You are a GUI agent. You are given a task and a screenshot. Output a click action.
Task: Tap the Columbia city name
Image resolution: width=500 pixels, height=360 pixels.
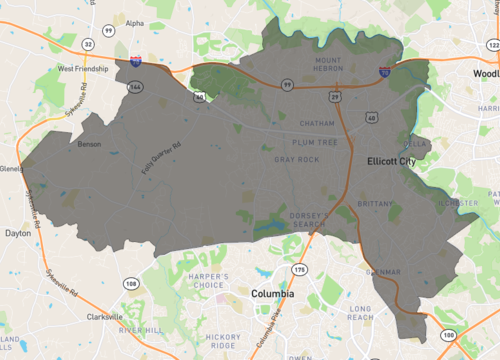click(272, 295)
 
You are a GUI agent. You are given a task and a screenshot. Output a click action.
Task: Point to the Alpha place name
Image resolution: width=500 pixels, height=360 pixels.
click(134, 23)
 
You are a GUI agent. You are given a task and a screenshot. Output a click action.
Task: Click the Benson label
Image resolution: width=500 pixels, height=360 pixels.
click(89, 144)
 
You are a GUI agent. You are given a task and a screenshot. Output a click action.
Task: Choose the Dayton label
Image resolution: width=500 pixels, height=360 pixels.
click(18, 233)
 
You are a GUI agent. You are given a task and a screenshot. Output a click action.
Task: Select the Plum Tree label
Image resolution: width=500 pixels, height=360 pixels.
click(314, 143)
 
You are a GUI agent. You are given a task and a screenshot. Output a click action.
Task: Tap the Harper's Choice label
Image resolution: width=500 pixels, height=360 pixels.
click(207, 282)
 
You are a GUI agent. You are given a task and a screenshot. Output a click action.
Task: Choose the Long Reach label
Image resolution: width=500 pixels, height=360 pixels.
click(361, 313)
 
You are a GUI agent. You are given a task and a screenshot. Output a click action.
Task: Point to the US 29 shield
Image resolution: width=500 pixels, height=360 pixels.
click(336, 96)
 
